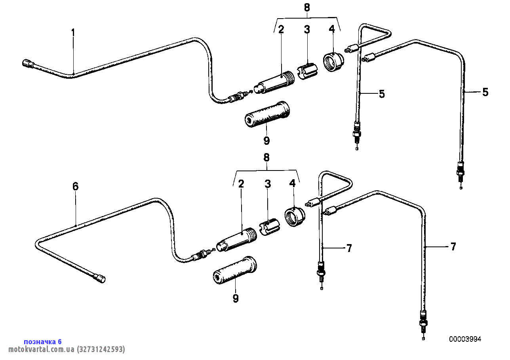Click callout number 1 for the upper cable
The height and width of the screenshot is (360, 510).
73,33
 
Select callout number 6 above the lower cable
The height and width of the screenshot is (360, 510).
75,186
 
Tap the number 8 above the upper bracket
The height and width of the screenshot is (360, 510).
307,8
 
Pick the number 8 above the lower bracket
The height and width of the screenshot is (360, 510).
266,157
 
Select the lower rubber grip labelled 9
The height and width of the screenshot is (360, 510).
235,270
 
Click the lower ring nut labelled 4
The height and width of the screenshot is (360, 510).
295,216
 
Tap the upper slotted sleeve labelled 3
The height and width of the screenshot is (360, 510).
307,71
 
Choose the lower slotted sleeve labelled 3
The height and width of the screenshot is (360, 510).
269,227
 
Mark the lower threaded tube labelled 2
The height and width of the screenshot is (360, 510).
236,240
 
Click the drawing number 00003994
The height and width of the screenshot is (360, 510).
465,339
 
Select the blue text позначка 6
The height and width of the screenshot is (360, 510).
43,341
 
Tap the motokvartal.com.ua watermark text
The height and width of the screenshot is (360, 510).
67,349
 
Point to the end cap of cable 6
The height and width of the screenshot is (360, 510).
100,279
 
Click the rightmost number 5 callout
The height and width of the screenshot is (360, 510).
485,92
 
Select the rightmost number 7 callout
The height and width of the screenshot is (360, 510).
453,247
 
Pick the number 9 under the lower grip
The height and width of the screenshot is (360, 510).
236,298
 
